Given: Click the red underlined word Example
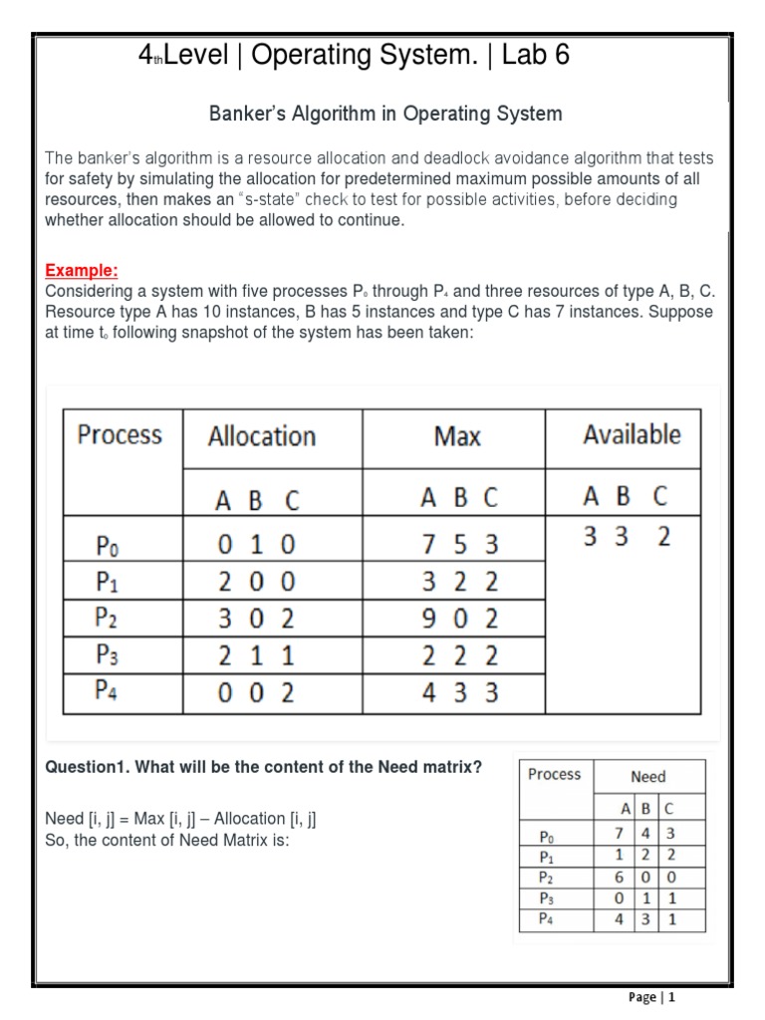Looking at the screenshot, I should (x=82, y=271).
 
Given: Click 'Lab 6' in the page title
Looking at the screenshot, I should (x=536, y=56).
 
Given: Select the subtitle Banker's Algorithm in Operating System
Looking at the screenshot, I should (x=385, y=115).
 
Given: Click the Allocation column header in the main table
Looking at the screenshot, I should (x=261, y=436).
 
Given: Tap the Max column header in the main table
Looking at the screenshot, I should (x=457, y=436).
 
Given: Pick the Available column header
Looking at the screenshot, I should (x=632, y=434).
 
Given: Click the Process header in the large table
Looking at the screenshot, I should (x=120, y=434).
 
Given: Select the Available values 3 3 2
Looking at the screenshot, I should (x=627, y=537).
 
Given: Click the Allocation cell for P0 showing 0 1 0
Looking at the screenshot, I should (x=257, y=545).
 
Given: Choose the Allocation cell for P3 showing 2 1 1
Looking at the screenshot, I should (x=257, y=655).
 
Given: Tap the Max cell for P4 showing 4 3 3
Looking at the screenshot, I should (x=460, y=692).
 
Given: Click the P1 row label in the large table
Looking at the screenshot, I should (x=106, y=582).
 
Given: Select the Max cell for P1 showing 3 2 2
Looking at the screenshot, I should (x=460, y=582).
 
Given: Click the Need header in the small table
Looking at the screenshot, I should (x=647, y=776).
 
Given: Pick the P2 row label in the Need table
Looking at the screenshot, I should (x=545, y=877).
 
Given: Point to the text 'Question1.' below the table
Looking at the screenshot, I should (x=88, y=768).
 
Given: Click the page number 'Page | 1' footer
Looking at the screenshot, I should (x=651, y=997).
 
